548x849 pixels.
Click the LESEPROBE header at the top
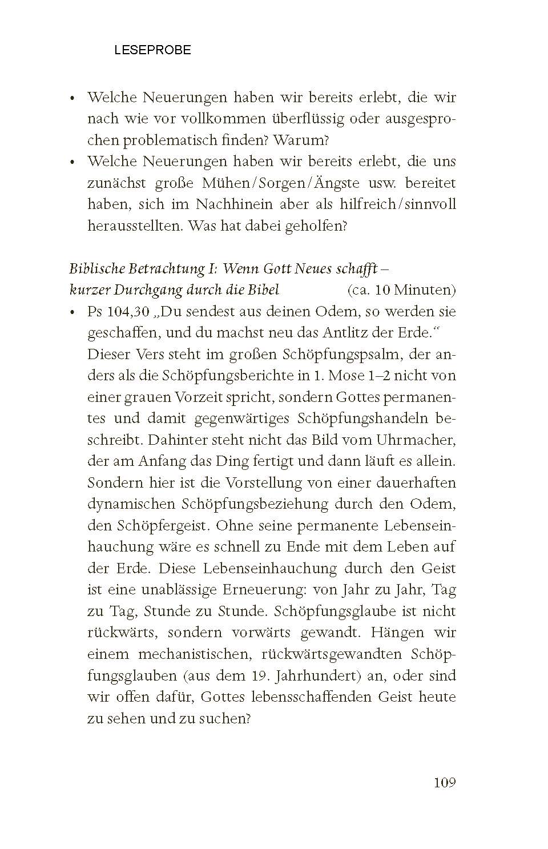pyautogui.click(x=152, y=50)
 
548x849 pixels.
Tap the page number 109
pyautogui.click(x=445, y=782)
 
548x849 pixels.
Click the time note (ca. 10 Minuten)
pyautogui.click(x=401, y=290)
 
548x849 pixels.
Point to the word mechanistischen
pyautogui.click(x=195, y=654)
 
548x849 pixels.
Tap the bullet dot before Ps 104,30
pyautogui.click(x=72, y=313)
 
